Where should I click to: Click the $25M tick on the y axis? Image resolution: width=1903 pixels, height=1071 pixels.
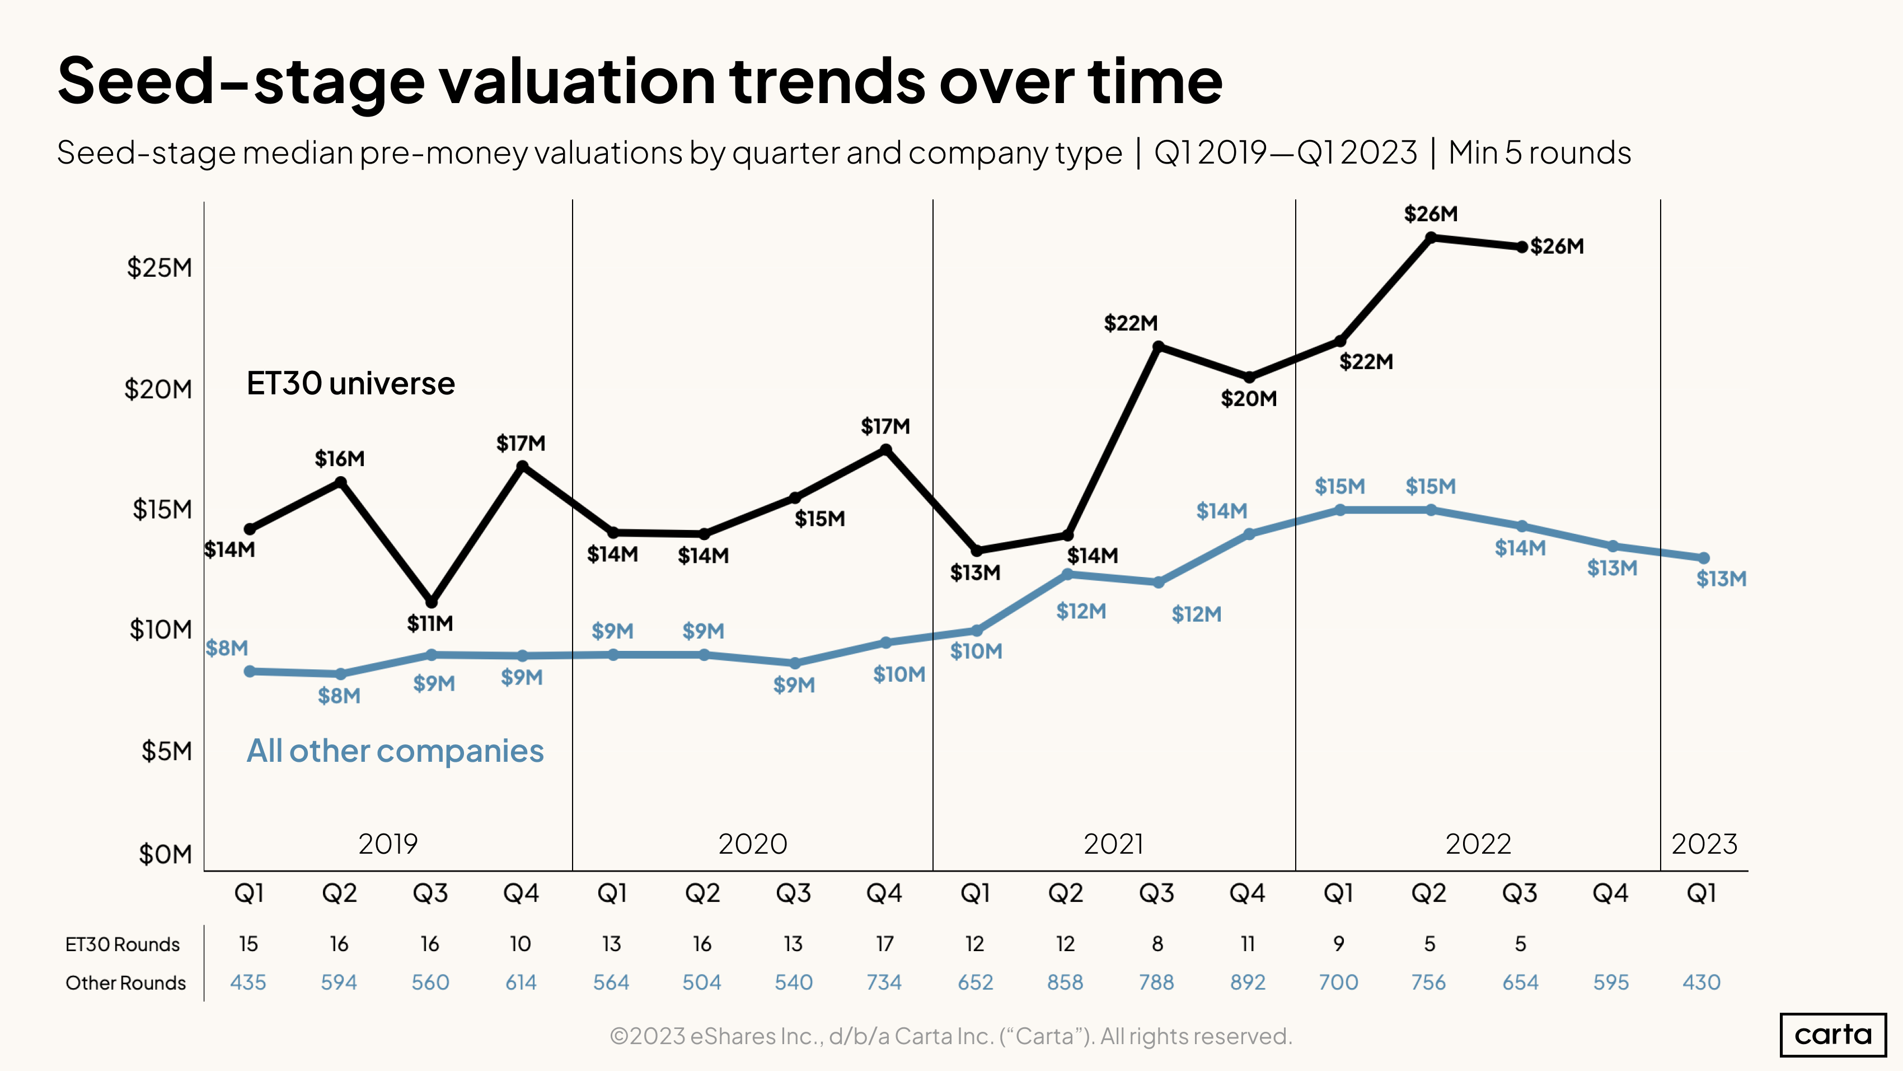click(159, 268)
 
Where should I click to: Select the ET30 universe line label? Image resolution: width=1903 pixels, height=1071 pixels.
click(350, 384)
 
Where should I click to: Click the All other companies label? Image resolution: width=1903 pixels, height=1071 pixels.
click(395, 751)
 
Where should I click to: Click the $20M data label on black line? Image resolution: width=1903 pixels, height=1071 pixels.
click(1249, 399)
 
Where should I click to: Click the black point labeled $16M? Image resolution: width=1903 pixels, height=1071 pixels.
click(340, 482)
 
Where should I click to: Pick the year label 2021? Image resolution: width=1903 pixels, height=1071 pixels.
click(1113, 844)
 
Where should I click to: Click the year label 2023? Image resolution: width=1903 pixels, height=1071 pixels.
click(1704, 844)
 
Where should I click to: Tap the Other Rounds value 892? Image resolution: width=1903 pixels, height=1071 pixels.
click(1248, 982)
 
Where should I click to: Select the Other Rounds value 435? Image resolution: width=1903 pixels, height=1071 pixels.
click(248, 982)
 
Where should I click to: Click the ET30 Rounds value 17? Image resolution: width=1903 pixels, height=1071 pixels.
click(884, 944)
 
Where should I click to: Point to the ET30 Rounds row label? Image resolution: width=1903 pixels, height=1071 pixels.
click(123, 944)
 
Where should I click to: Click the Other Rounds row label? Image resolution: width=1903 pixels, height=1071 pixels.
click(125, 983)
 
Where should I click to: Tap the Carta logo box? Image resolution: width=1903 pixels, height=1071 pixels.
click(1833, 1034)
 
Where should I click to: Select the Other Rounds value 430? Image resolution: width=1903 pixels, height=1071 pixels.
click(1702, 982)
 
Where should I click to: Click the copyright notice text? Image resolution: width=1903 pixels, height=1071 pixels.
click(951, 1036)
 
